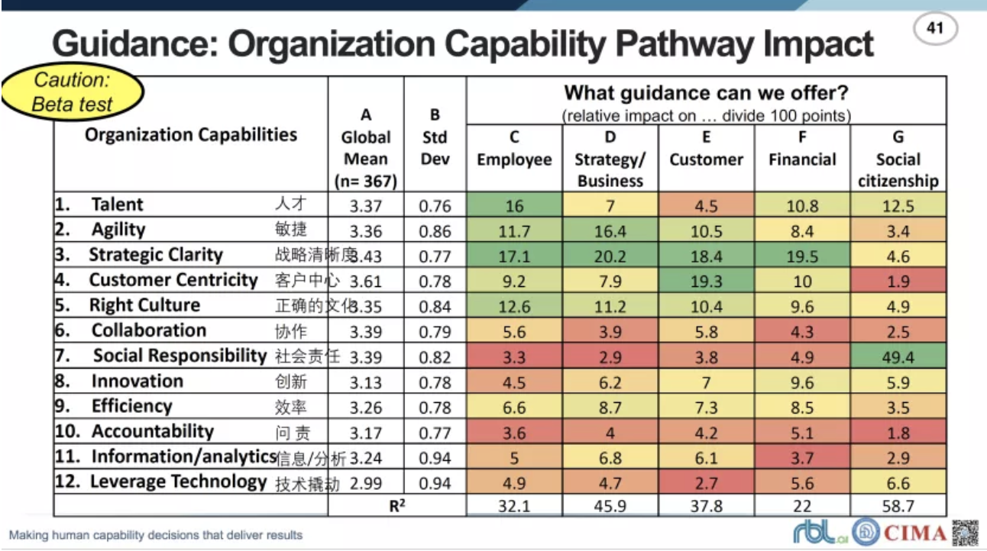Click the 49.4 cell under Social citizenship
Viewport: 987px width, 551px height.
[x=898, y=356]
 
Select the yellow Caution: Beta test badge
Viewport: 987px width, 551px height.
[x=73, y=92]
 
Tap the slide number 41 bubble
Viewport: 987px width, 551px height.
[x=935, y=30]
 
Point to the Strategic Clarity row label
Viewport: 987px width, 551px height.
[x=156, y=255]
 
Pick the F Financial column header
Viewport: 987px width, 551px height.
[x=802, y=149]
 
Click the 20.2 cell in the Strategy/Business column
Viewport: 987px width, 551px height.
[x=610, y=256]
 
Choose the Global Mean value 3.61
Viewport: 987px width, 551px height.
[x=365, y=282]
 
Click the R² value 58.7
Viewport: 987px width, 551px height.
[x=898, y=505]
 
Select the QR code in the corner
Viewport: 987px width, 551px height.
[x=965, y=532]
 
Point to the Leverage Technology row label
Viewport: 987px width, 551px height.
[x=179, y=482]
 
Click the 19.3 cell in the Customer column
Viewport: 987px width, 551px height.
[x=706, y=282]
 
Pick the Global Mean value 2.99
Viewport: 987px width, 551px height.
[x=365, y=483]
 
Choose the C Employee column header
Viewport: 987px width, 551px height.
[x=514, y=149]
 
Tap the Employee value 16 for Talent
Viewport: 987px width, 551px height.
[x=514, y=206]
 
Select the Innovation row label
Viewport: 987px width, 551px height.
[x=138, y=381]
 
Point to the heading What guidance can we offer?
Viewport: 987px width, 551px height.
[x=706, y=93]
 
